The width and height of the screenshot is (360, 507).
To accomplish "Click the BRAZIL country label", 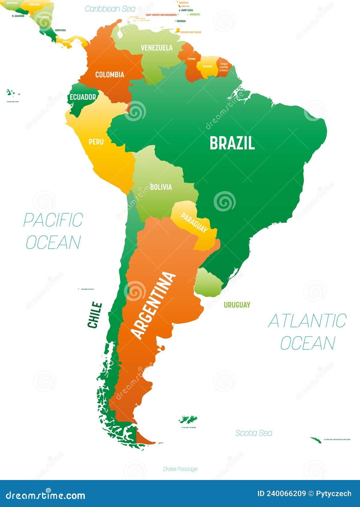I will pyautogui.click(x=232, y=143).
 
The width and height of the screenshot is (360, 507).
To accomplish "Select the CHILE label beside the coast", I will pyautogui.click(x=95, y=315).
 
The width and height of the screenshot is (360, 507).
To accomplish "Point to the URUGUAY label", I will pyautogui.click(x=237, y=305).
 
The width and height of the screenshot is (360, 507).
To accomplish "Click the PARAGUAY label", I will pyautogui.click(x=194, y=223).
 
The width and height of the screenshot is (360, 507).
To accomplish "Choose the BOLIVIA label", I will pyautogui.click(x=161, y=187).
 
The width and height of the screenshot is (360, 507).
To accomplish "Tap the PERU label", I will pyautogui.click(x=96, y=142).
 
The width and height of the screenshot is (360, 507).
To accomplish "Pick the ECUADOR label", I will pyautogui.click(x=83, y=97).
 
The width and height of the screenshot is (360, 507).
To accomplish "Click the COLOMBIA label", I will pyautogui.click(x=109, y=74).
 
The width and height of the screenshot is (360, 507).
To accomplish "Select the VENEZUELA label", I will pyautogui.click(x=157, y=48).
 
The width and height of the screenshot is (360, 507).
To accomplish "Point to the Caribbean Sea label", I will pyautogui.click(x=110, y=9).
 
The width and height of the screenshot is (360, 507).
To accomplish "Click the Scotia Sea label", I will pyautogui.click(x=253, y=433).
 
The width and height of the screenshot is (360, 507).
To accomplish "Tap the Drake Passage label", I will pyautogui.click(x=180, y=469).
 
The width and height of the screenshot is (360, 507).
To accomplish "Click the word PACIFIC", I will pyautogui.click(x=53, y=220).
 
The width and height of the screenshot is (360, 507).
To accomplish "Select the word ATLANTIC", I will pyautogui.click(x=307, y=321).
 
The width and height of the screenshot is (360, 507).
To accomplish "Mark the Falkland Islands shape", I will pyautogui.click(x=188, y=419).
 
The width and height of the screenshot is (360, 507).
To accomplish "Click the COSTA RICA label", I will pyautogui.click(x=60, y=30).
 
